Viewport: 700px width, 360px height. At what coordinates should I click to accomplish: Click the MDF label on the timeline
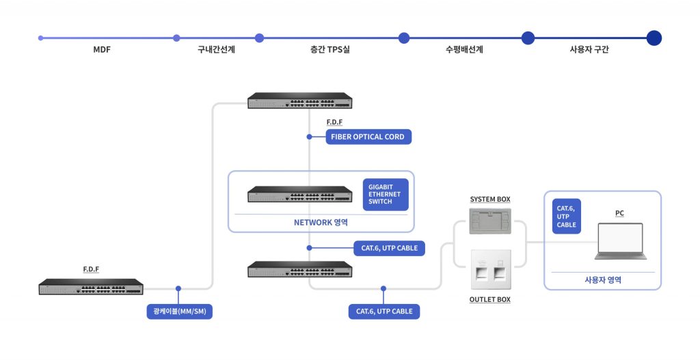[x=102, y=49]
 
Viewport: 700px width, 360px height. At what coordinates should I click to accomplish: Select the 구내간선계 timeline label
[x=216, y=49]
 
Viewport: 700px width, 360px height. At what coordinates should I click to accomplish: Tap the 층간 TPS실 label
[x=330, y=49]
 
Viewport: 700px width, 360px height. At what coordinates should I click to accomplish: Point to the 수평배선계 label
[x=464, y=49]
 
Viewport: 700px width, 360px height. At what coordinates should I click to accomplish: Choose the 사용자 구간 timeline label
[x=589, y=49]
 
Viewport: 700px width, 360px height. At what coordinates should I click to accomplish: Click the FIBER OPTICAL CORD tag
[x=368, y=137]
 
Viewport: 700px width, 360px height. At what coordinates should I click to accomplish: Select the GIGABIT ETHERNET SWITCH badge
[x=386, y=195]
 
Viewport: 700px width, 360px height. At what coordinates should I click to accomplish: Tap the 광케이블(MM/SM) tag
[x=180, y=311]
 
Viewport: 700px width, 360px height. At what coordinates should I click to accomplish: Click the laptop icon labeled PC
[x=621, y=241]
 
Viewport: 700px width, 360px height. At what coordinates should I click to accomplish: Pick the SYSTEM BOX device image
[x=490, y=221]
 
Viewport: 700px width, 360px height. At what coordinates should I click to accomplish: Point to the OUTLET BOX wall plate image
[x=491, y=269]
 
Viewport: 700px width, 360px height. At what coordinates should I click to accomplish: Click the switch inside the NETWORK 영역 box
[x=300, y=194]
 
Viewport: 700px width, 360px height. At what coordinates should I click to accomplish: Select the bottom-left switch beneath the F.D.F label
[x=91, y=286]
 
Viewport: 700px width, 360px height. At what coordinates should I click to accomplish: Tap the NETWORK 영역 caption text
[x=321, y=223]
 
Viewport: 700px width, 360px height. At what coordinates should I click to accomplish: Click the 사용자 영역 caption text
[x=603, y=280]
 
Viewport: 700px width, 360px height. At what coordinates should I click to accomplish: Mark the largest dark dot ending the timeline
[x=654, y=38]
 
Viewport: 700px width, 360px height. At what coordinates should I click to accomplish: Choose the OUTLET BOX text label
[x=489, y=300]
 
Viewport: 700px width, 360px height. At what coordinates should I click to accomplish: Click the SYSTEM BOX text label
[x=490, y=199]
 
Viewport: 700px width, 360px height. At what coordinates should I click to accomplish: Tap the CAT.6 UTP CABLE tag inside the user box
[x=567, y=217]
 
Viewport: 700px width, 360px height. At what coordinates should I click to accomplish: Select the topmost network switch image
[x=300, y=100]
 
